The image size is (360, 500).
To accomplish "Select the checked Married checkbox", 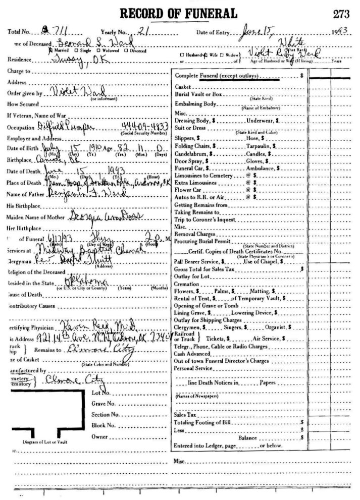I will pos(50,50).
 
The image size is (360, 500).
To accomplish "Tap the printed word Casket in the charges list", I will pos(182,87).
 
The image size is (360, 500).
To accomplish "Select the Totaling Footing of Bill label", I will pos(201,422).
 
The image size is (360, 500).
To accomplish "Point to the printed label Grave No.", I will pos(104,403).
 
